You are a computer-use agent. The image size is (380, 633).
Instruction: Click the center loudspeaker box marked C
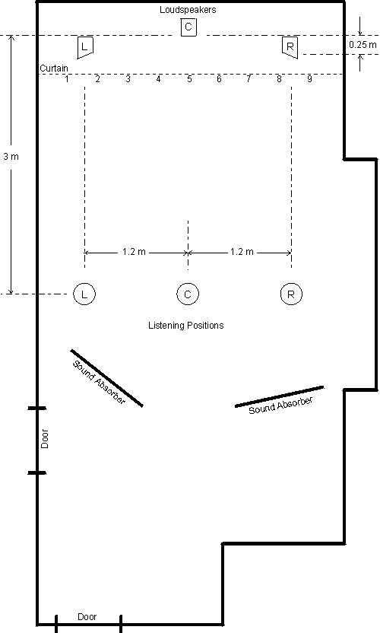(x=188, y=27)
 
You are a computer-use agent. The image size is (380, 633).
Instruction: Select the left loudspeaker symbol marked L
(x=84, y=48)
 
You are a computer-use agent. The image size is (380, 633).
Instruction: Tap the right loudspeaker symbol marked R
(x=290, y=48)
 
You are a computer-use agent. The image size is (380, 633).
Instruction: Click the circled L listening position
(x=84, y=294)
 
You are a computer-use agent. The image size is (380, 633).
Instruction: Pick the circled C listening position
(x=188, y=294)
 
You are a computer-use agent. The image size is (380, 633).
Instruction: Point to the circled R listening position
(x=291, y=294)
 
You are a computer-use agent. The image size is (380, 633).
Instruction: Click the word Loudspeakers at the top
(x=188, y=10)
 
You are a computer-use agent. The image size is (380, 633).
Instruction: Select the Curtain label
(x=54, y=68)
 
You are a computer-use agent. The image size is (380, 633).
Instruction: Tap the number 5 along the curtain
(x=189, y=78)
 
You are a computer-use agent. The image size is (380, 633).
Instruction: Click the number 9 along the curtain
(x=309, y=78)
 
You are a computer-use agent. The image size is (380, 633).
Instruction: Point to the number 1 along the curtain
(x=67, y=78)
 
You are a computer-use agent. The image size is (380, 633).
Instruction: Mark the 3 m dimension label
(x=11, y=156)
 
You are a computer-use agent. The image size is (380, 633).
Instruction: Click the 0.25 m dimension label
(x=363, y=45)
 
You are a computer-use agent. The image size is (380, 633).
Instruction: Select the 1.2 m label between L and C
(x=134, y=252)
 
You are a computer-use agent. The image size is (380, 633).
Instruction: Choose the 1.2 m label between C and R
(x=242, y=252)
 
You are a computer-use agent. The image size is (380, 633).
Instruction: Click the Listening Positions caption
(x=186, y=326)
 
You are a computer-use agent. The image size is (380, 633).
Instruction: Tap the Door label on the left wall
(x=45, y=439)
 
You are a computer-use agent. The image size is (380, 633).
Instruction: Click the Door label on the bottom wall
(x=87, y=617)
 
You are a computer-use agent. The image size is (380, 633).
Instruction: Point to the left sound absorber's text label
(x=99, y=382)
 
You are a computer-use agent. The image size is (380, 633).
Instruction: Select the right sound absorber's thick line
(x=279, y=396)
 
